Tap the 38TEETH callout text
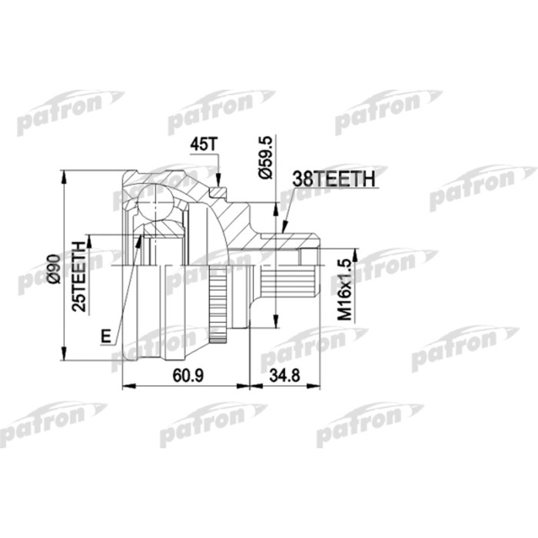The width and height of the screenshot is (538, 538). tap(334, 178)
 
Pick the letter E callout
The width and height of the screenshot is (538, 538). tap(105, 335)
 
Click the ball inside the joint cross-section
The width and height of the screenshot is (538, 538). tap(158, 201)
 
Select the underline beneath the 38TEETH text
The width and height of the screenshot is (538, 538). tap(334, 189)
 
